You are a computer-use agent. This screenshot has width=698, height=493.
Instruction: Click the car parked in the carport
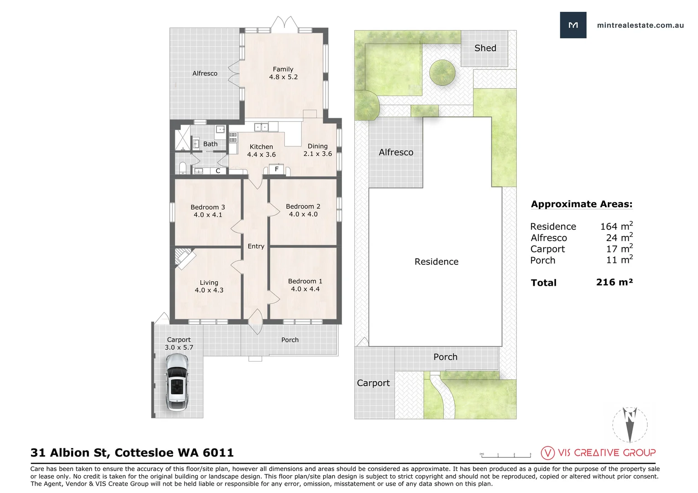pyautogui.click(x=177, y=383)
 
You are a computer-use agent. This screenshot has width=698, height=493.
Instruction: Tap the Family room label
pyautogui.click(x=283, y=69)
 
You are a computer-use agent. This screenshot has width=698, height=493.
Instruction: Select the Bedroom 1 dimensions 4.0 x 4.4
pyautogui.click(x=305, y=289)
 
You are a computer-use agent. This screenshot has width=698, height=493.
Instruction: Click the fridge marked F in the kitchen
pyautogui.click(x=277, y=169)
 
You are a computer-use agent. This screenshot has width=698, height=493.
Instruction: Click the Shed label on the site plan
pyautogui.click(x=485, y=48)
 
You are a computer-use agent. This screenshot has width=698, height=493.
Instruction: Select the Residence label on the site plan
pyautogui.click(x=436, y=262)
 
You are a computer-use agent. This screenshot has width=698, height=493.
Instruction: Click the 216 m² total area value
pyautogui.click(x=614, y=282)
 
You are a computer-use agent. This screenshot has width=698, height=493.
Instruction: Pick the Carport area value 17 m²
pyautogui.click(x=619, y=249)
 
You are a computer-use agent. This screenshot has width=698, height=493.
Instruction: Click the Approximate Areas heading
pyautogui.click(x=582, y=204)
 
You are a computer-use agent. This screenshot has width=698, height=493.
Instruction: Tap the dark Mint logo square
pyautogui.click(x=573, y=25)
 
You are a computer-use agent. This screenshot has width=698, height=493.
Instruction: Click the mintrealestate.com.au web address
pyautogui.click(x=640, y=26)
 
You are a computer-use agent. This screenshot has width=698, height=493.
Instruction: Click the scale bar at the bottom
pyautogui.click(x=505, y=455)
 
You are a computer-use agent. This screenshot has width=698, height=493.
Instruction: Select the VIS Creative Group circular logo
pyautogui.click(x=548, y=453)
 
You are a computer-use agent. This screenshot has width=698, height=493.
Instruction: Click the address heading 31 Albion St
pyautogui.click(x=132, y=453)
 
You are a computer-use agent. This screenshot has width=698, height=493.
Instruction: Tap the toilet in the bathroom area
pyautogui.click(x=183, y=168)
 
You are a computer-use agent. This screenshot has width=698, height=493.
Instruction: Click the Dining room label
pyautogui.click(x=317, y=146)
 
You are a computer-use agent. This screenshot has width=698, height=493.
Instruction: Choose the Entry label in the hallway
pyautogui.click(x=256, y=246)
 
